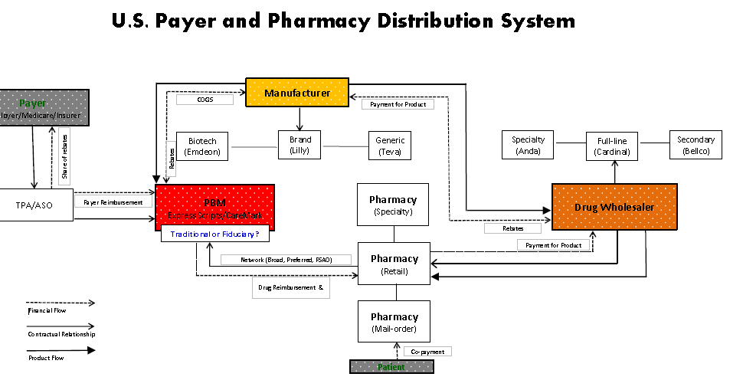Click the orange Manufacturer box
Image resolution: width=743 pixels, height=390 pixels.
click(296, 93)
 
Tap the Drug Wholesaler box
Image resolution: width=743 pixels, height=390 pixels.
click(614, 207)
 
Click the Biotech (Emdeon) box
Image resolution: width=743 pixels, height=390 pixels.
click(202, 146)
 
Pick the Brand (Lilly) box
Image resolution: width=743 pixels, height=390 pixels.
click(299, 145)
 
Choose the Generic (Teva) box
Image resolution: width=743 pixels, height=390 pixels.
click(390, 146)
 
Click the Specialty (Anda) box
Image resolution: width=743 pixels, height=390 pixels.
click(529, 146)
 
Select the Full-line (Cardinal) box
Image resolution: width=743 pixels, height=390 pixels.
click(610, 146)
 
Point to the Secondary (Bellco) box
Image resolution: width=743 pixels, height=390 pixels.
click(696, 146)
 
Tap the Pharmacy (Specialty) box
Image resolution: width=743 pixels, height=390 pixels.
click(392, 205)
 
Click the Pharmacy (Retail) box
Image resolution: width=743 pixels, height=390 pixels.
click(394, 264)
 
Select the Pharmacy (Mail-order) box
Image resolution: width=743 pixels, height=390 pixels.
click(394, 321)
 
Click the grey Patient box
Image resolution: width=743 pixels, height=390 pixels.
click(391, 367)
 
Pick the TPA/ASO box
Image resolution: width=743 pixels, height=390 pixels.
click(35, 205)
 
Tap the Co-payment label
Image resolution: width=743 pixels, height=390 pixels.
click(428, 351)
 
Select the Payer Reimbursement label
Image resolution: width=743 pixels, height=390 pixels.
click(113, 202)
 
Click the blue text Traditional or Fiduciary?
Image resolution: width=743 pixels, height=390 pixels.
click(214, 234)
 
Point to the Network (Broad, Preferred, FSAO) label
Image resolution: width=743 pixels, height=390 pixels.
click(286, 260)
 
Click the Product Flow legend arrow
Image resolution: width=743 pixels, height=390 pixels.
click(61, 350)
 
